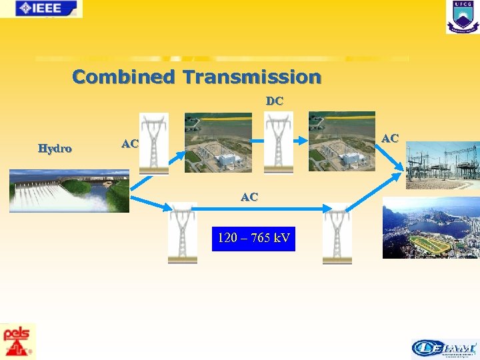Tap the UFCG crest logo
click(462, 17)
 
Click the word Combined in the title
click(125, 77)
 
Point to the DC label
click(274, 101)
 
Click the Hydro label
click(55, 148)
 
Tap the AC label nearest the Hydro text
click(129, 144)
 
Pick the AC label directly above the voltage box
click(249, 197)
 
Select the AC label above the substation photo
click(389, 138)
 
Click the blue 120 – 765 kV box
click(253, 238)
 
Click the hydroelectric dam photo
click(69, 191)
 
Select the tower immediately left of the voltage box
click(183, 233)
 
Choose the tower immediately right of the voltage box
click(337, 233)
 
